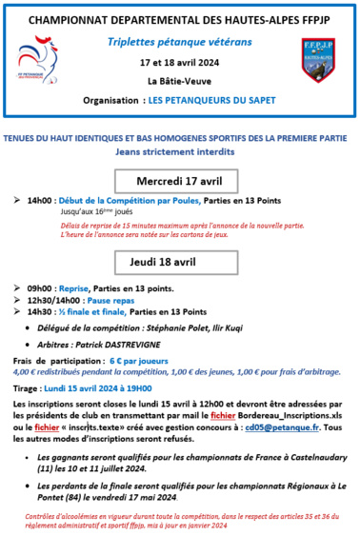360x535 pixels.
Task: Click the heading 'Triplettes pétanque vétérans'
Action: tap(180, 44)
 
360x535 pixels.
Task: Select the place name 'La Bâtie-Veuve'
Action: tap(179, 82)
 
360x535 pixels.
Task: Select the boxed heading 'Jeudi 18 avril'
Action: tap(180, 262)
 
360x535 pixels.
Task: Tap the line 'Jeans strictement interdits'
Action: tap(179, 151)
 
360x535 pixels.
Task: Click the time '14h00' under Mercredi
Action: tap(40, 202)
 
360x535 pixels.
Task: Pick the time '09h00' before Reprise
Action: tap(40, 287)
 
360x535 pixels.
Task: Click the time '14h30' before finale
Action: tap(40, 311)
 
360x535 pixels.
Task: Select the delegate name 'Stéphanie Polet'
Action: tap(197, 327)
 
